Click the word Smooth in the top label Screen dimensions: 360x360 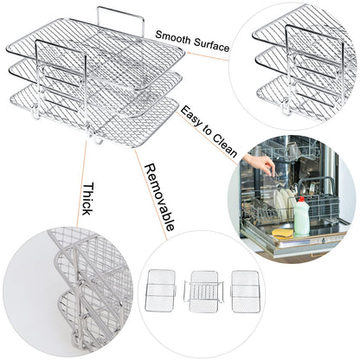coord(170,35)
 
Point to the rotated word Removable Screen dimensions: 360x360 coord(159,196)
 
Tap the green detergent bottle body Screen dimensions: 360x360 coord(301,219)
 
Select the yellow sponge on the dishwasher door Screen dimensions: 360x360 coord(281,233)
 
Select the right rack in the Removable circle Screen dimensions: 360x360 coord(245,291)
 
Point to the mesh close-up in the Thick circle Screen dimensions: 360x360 coord(78,286)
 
